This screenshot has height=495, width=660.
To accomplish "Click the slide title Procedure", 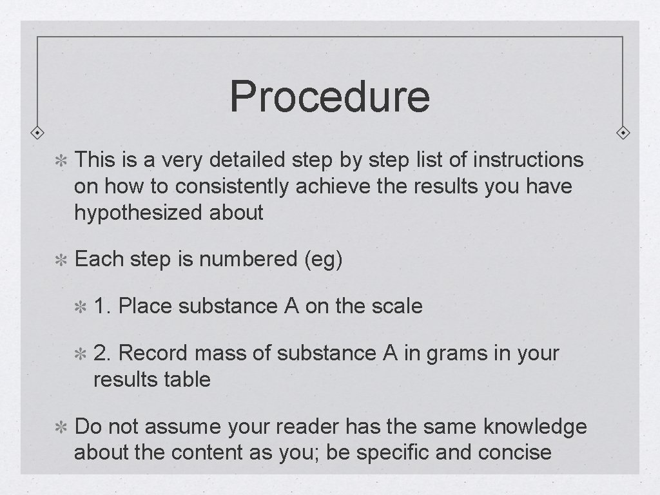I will (x=329, y=96).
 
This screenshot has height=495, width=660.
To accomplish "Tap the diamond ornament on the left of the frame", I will (x=38, y=133).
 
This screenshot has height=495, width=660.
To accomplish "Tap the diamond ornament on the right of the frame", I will (x=623, y=133).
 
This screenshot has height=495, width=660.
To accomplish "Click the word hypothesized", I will (x=139, y=213).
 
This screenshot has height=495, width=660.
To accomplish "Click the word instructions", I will (x=529, y=160).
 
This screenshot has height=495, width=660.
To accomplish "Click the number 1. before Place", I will (x=103, y=306).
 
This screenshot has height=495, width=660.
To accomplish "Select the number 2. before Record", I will (x=103, y=353).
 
